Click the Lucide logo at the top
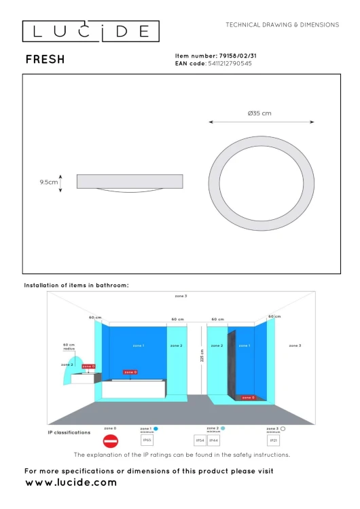point(91,31)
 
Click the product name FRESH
point(46,60)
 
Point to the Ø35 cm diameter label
point(260,113)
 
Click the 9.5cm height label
point(48,182)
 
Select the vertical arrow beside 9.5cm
point(61,182)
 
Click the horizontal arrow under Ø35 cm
point(260,123)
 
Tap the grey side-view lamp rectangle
point(130,181)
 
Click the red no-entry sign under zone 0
point(110,440)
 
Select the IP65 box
point(147,440)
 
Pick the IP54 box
point(200,440)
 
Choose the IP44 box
point(213,440)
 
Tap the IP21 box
point(274,440)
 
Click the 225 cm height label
point(202,355)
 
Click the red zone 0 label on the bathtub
point(130,372)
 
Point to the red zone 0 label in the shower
point(248,398)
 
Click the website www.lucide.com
point(71,483)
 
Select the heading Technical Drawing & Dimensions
point(282,24)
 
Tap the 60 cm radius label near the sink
point(69,346)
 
